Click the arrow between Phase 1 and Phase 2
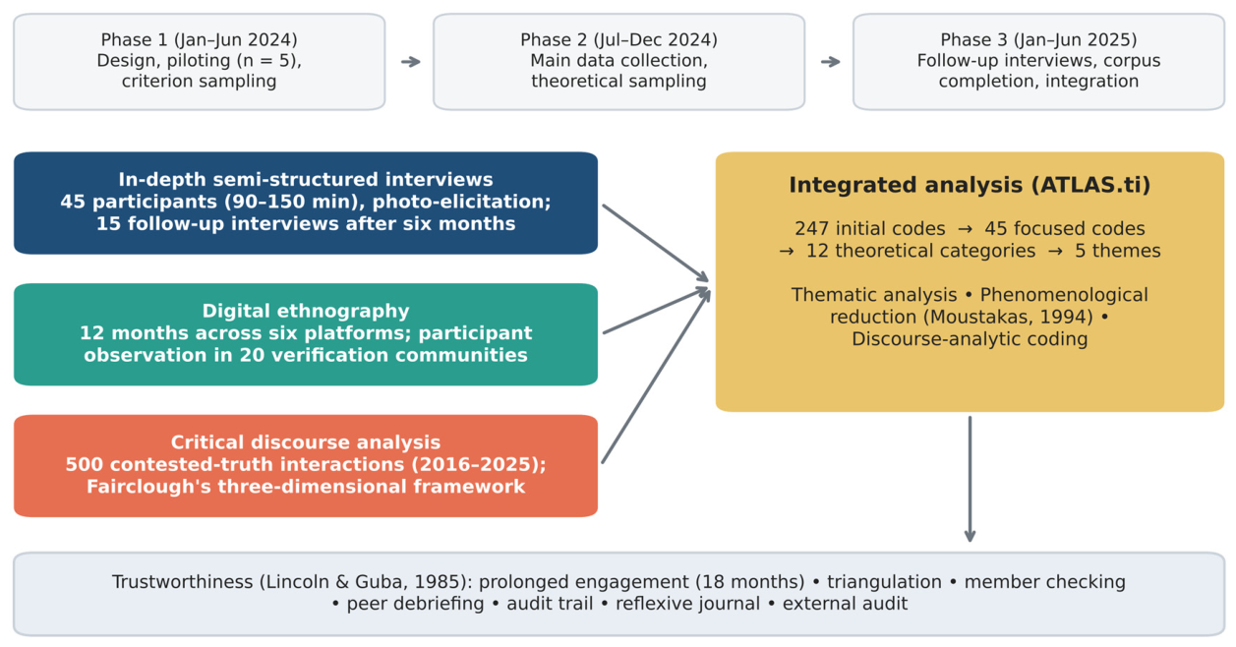coord(411,62)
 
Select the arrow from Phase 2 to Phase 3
coord(831,62)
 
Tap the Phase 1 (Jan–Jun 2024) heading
coord(200,40)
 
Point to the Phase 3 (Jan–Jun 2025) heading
coord(1038,40)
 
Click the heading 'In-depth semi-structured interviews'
coord(306,180)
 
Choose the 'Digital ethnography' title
coord(306,311)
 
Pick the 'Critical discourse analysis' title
coord(306,442)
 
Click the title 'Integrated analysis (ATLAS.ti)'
coord(970,185)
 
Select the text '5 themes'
coord(1117,251)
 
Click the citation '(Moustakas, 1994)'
coord(1008,318)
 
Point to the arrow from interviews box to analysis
coord(656,243)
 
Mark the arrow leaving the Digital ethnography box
coord(657,311)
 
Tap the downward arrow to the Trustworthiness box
coord(970,479)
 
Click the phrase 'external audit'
coord(845,604)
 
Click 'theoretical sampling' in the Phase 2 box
coord(618,82)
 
